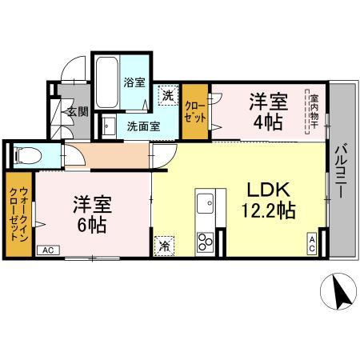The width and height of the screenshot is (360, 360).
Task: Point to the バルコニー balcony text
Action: click(x=340, y=173)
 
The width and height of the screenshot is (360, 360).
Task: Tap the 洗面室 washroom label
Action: click(x=144, y=125)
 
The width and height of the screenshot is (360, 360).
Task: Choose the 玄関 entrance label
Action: click(x=76, y=112)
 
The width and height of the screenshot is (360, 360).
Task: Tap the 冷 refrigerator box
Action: click(x=164, y=245)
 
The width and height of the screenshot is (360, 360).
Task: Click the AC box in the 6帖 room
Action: click(x=47, y=250)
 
